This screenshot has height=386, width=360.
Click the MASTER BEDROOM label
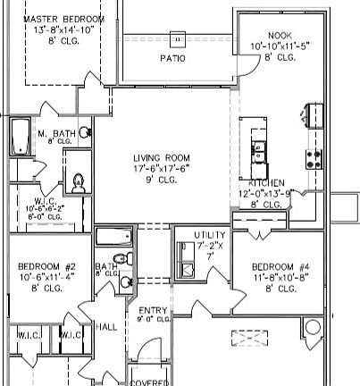pyautogui.click(x=63, y=19)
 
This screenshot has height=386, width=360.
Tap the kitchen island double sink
pyautogui.click(x=260, y=151)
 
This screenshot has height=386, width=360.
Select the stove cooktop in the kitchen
pyautogui.click(x=314, y=159)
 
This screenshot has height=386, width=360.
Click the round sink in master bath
pyautogui.click(x=86, y=133)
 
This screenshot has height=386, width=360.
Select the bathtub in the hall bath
pyautogui.click(x=113, y=237)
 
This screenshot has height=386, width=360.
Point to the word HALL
pyautogui.click(x=106, y=327)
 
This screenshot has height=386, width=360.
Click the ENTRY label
pyautogui.click(x=153, y=309)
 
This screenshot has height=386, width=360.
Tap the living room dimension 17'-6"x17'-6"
pyautogui.click(x=163, y=168)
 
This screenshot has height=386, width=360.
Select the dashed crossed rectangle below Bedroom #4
pyautogui.click(x=247, y=337)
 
